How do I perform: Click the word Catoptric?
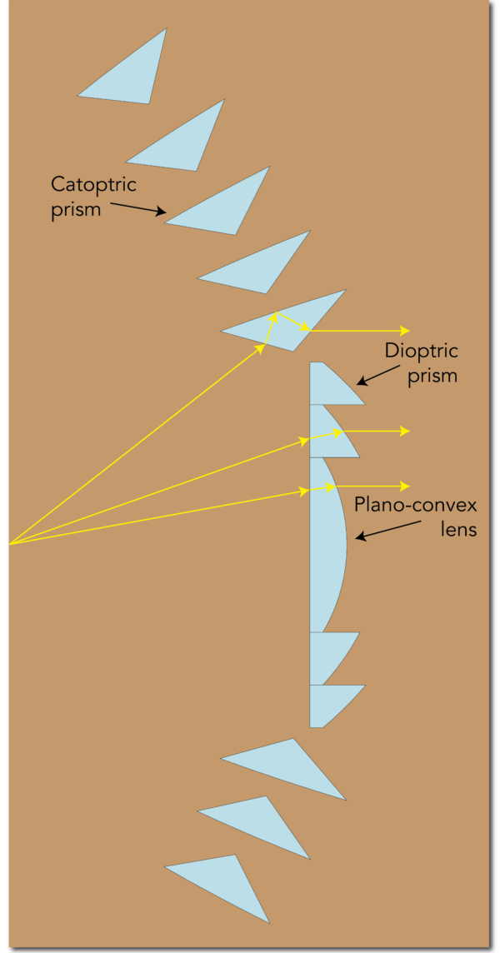pyautogui.click(x=93, y=184)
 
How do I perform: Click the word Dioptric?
pyautogui.click(x=422, y=351)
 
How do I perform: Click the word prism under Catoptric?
pyautogui.click(x=76, y=209)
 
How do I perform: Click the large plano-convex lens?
pyautogui.click(x=327, y=546)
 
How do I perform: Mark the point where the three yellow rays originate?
pyautogui.click(x=9, y=544)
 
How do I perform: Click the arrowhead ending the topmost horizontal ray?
pyautogui.click(x=405, y=330)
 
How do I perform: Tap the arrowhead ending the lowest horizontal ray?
pyautogui.click(x=405, y=486)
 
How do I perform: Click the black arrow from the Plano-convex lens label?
pyautogui.click(x=387, y=531)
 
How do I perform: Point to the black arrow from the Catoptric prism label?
pyautogui.click(x=137, y=207)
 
